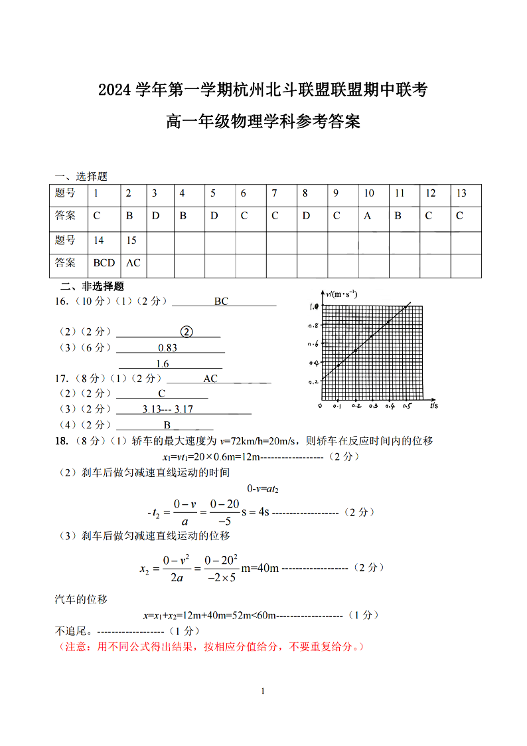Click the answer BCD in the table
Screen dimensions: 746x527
coord(104,263)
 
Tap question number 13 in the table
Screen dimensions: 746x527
coord(461,193)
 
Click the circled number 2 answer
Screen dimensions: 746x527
coord(187,331)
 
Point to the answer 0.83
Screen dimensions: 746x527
coord(168,348)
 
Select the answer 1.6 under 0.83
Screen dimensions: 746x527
coord(163,364)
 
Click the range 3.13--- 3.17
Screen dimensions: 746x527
coord(167,409)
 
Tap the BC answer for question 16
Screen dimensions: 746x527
coord(221,302)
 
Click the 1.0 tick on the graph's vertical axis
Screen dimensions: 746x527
coord(314,307)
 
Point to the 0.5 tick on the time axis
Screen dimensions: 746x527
coord(407,406)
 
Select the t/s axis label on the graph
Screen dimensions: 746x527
coord(433,405)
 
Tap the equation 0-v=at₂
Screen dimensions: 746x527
coord(263,489)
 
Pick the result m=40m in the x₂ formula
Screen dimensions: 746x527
coord(260,568)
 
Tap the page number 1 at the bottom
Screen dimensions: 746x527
coord(263,692)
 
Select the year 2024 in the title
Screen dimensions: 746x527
coord(115,89)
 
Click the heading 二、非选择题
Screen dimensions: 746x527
coord(92,286)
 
